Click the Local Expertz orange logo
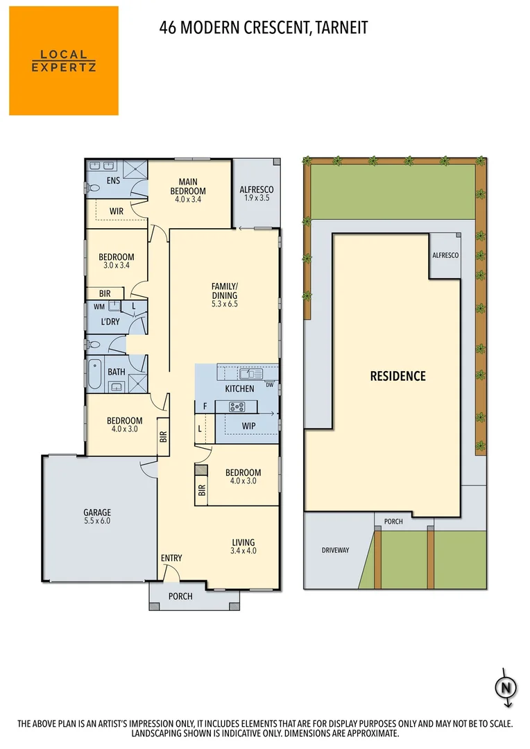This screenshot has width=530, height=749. pos(64,60)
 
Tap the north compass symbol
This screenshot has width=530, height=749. pos(506,688)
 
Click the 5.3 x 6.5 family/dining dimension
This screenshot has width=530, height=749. pos(225,303)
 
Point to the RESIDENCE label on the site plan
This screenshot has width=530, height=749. pos(397,377)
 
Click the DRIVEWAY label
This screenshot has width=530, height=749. pos(335,550)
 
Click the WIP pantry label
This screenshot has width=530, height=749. pos(249,426)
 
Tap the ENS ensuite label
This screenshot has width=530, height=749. pos(113,182)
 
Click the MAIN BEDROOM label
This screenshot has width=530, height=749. pos(189,187)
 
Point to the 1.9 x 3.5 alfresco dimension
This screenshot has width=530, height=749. pos(256,198)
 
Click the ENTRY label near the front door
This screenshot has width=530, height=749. pos(171,558)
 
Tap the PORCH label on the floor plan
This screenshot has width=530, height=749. pos(180,596)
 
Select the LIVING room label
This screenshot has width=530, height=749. pos(243,542)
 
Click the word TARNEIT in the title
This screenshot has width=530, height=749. pos(341,28)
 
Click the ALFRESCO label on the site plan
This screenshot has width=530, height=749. pos(445,255)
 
